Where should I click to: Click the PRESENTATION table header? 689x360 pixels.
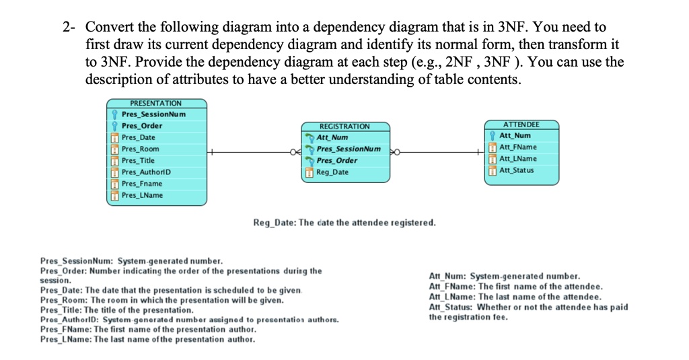coord(156,103)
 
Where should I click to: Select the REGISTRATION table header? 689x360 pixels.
coord(344,126)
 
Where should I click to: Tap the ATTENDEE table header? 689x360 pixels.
coord(521,124)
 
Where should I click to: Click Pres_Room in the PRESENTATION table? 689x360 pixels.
coord(140,149)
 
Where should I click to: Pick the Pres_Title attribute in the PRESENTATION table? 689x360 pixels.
coord(138,160)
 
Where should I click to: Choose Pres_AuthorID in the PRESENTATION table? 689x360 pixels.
coord(146,172)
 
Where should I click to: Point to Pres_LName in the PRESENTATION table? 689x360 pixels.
coord(142,195)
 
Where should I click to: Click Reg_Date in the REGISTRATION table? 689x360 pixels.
coord(332,172)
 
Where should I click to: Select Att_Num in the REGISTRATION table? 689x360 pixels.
coord(332,137)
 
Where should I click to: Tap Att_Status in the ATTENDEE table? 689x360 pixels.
coord(516,170)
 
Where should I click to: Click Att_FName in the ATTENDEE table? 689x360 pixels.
coord(517,147)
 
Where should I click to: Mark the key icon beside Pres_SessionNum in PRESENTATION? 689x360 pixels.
coord(114,114)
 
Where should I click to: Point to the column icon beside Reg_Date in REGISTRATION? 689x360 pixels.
coord(310,172)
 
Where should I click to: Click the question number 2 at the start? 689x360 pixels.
coord(67,28)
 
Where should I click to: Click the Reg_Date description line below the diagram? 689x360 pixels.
coord(344,222)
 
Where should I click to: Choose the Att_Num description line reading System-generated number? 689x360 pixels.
coord(504,276)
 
